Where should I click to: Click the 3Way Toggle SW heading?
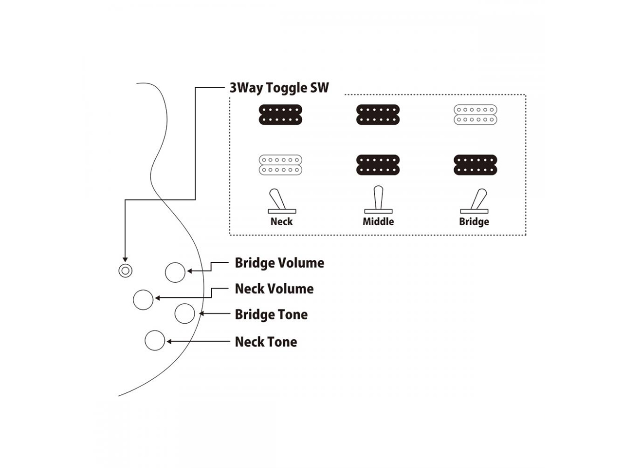279,88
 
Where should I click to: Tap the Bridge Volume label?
279,263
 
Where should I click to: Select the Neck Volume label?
274,289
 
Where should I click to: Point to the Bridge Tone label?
271,314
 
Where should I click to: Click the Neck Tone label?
266,342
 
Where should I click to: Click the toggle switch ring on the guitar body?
126,271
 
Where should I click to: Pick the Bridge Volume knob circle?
175,273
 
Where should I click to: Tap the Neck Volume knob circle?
143,299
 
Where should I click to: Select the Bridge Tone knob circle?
184,313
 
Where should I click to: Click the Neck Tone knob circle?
155,340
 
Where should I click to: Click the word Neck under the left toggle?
281,222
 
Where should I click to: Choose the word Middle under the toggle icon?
378,222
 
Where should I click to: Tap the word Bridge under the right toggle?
474,222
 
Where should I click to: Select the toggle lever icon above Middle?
378,200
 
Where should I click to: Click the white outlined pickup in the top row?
476,115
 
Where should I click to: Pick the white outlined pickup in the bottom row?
280,165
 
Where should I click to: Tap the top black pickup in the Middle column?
378,115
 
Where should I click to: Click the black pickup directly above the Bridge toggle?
476,165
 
